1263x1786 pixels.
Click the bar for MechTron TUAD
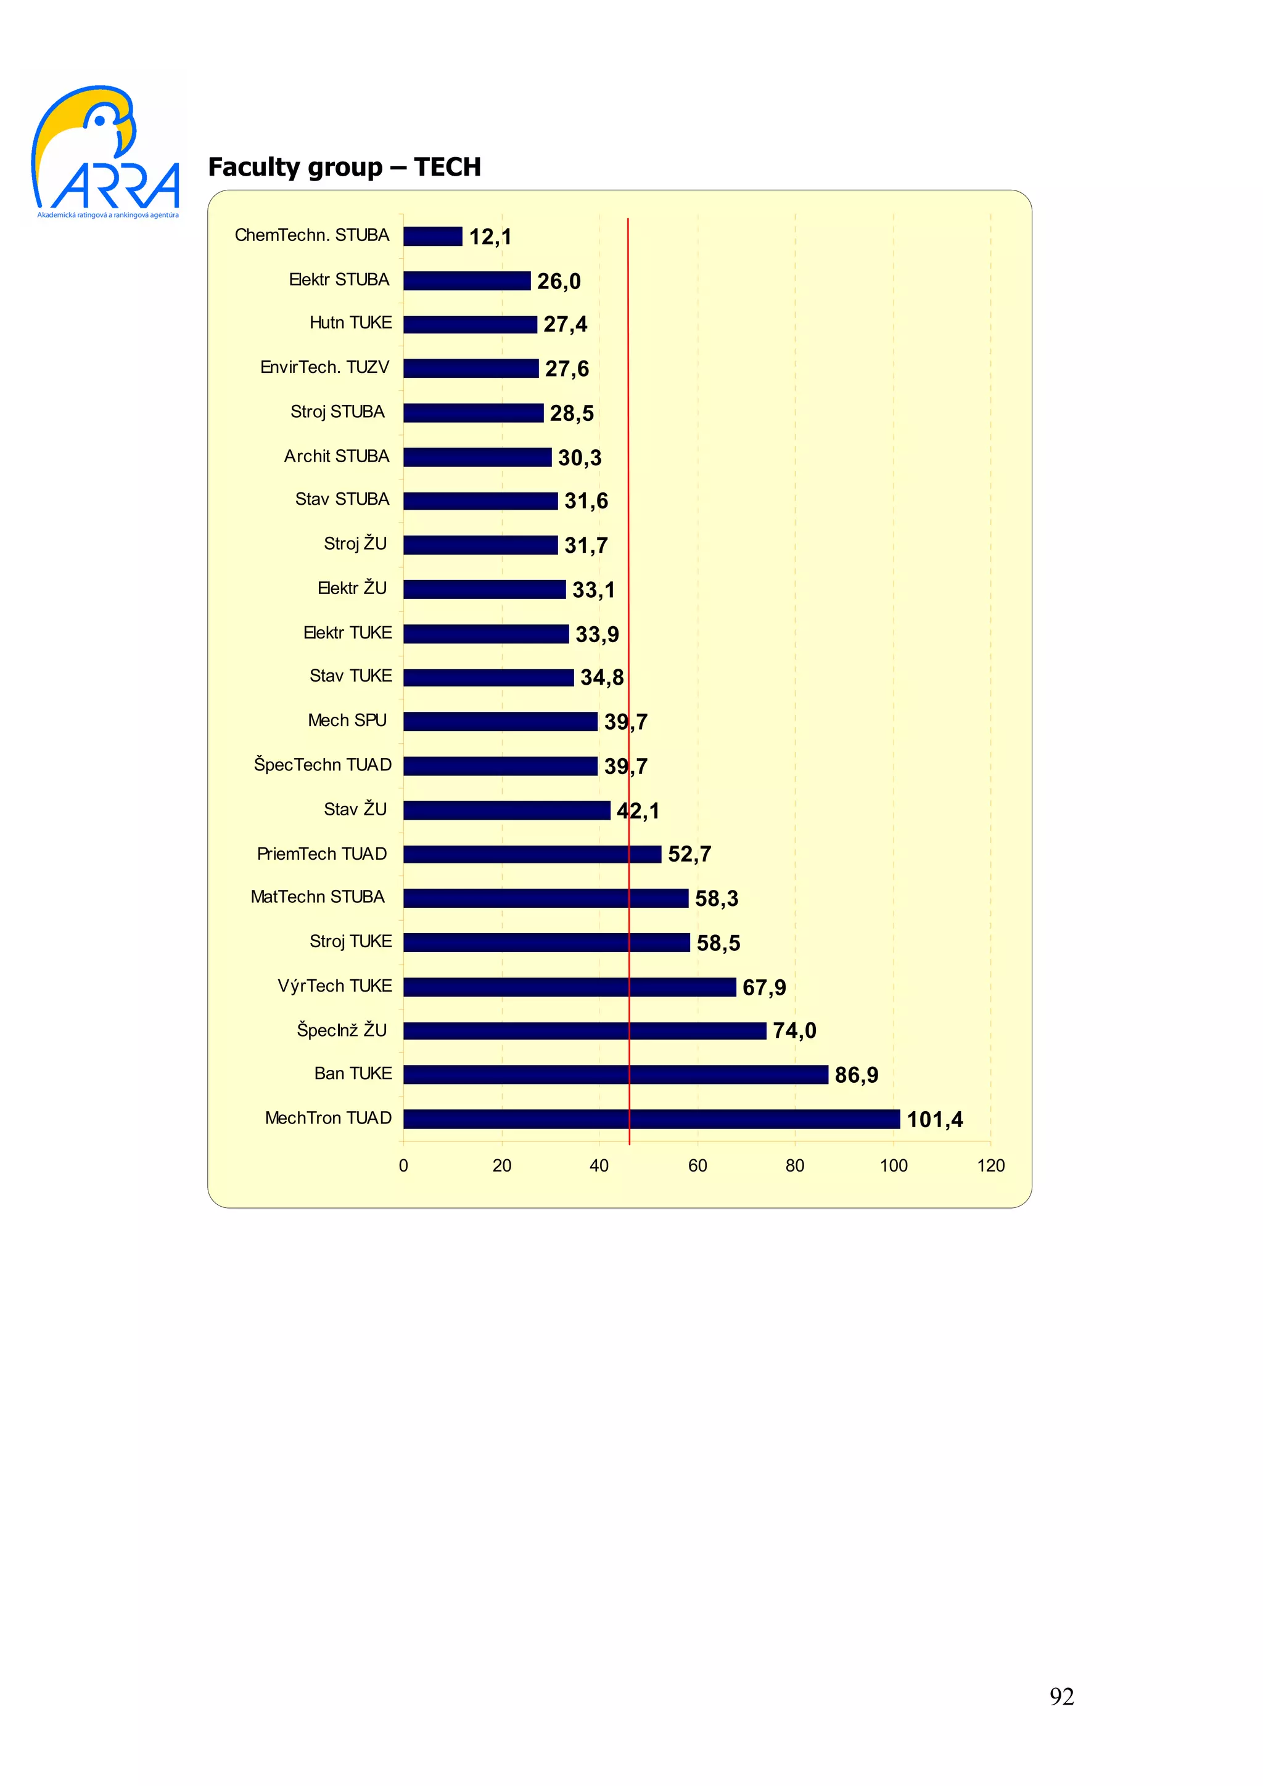click(651, 1119)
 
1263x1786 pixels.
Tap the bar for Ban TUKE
click(615, 1074)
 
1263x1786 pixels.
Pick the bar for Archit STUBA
click(477, 457)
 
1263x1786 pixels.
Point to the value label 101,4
click(934, 1119)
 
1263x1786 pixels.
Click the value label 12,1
click(490, 237)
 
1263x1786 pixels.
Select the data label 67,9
click(763, 987)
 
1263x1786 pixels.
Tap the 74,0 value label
click(794, 1030)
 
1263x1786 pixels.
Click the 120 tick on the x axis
click(990, 1165)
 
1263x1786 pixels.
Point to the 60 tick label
click(697, 1165)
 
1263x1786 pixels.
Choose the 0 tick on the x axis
click(403, 1165)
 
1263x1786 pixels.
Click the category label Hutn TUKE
click(350, 323)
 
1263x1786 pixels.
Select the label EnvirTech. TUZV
click(324, 367)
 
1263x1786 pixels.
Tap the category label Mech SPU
click(347, 720)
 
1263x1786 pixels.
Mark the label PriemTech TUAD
click(322, 854)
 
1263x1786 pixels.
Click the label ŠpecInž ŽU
click(342, 1030)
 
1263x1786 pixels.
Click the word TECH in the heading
click(448, 167)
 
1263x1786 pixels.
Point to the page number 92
click(1061, 1696)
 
